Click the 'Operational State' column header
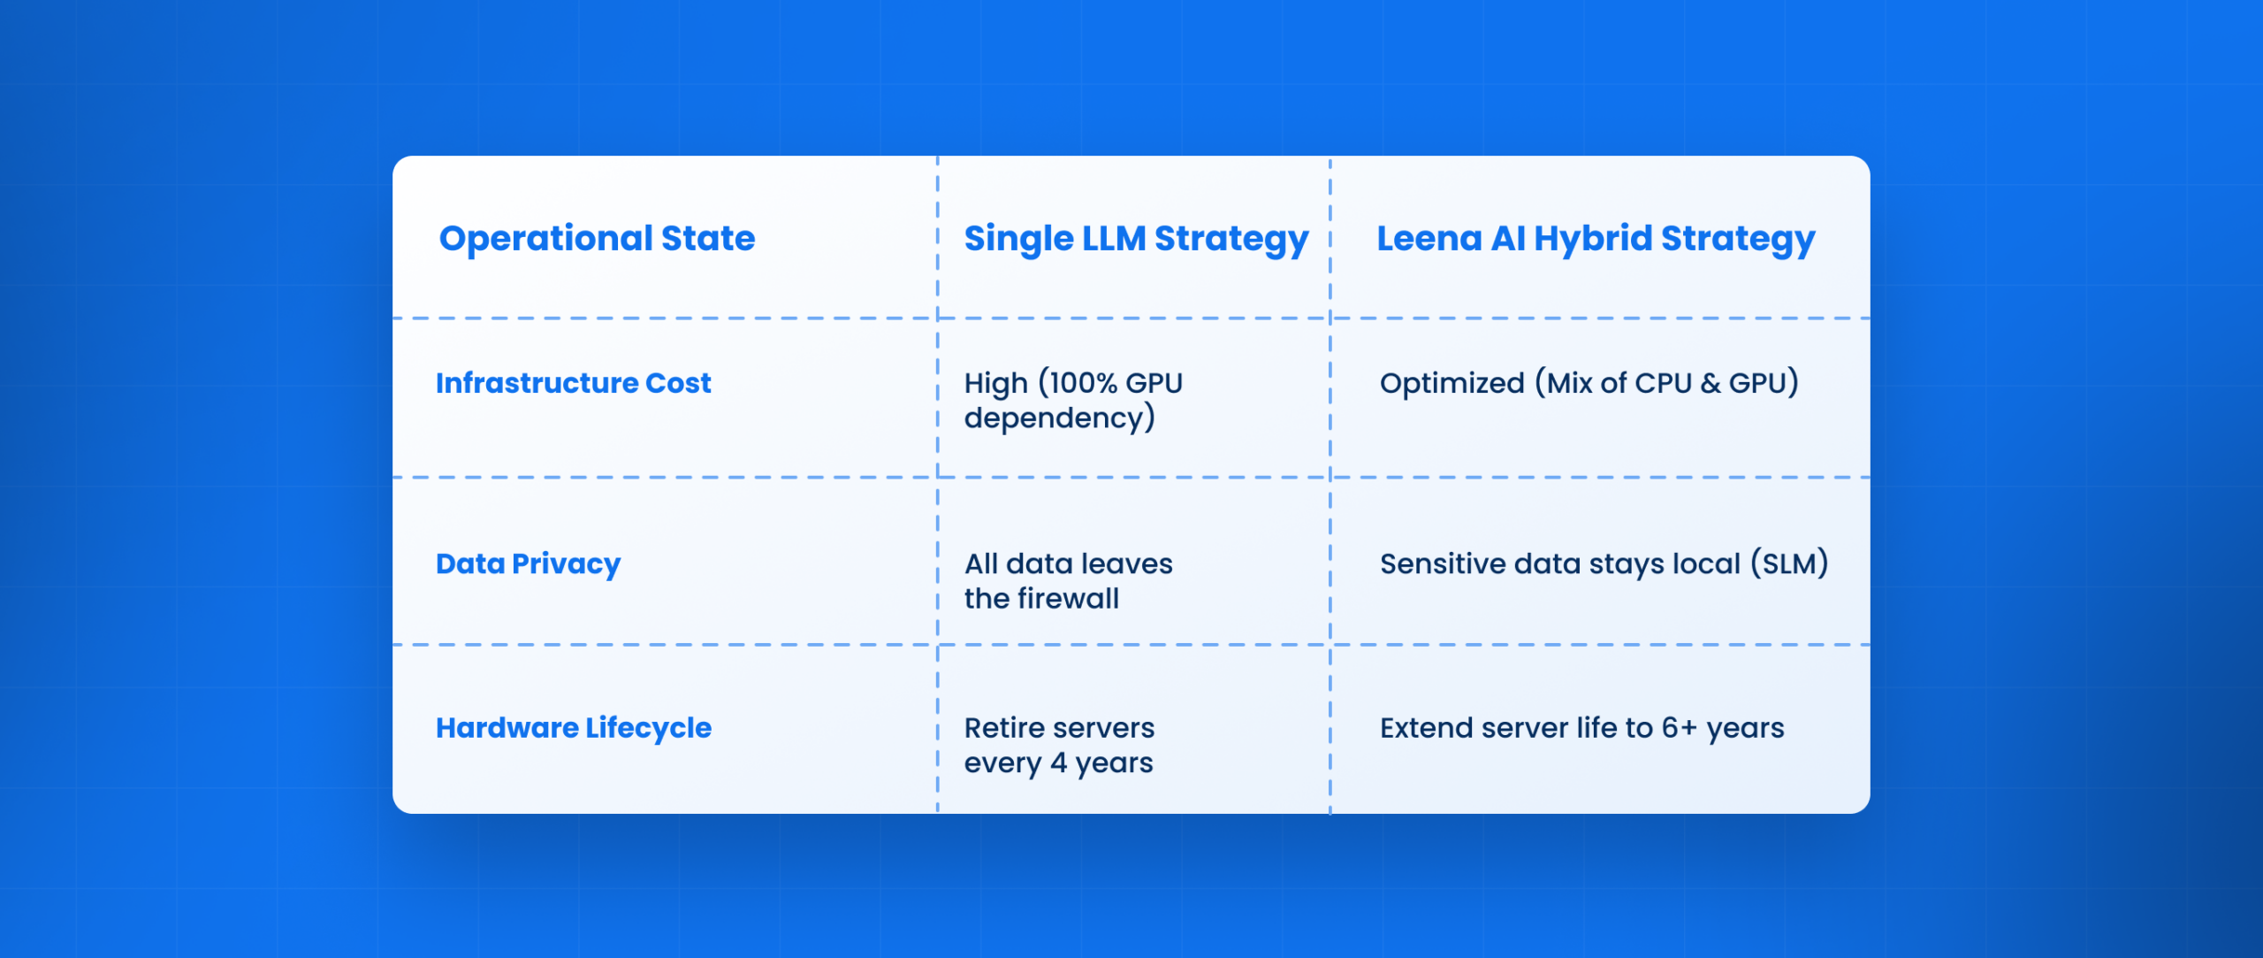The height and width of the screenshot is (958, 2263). [x=597, y=238]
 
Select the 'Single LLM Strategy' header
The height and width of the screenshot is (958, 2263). [x=1135, y=239]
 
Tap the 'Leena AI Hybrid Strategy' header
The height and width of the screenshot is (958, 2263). [x=1595, y=239]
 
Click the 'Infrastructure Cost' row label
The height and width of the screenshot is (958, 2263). [x=573, y=383]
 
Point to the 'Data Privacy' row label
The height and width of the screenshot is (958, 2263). [x=528, y=563]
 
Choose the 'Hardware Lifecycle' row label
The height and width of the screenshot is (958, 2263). [x=573, y=728]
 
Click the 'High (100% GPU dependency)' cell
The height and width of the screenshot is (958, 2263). [x=1072, y=400]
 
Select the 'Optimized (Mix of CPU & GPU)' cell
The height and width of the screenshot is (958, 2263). [x=1589, y=383]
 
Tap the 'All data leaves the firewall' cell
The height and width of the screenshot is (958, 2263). [x=1068, y=580]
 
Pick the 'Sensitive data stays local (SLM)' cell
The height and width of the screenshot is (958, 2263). [x=1604, y=563]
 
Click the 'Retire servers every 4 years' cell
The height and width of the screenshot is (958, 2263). [x=1059, y=745]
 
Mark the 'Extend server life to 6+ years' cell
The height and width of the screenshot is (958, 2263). [x=1581, y=728]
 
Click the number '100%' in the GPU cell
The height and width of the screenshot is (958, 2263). [x=1083, y=383]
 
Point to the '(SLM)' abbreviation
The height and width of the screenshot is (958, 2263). [x=1789, y=563]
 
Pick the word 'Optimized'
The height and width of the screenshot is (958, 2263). [x=1452, y=383]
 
